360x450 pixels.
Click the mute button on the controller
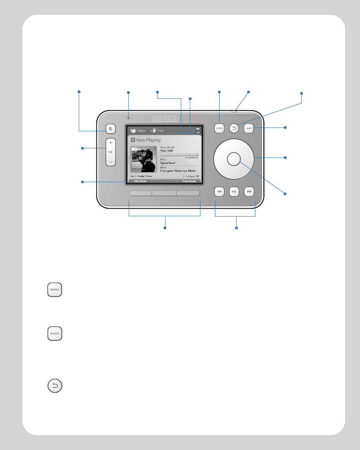pyautogui.click(x=110, y=129)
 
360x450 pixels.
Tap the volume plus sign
pyautogui.click(x=110, y=142)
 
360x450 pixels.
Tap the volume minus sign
pyautogui.click(x=110, y=162)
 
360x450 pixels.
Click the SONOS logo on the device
pyautogui.click(x=165, y=118)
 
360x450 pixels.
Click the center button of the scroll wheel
pyautogui.click(x=234, y=158)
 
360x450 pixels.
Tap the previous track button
pyautogui.click(x=220, y=192)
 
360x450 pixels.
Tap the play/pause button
pyautogui.click(x=234, y=192)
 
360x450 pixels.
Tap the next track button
pyautogui.click(x=249, y=192)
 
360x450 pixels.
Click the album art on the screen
pyautogui.click(x=144, y=159)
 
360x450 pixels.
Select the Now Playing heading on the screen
pyautogui.click(x=148, y=140)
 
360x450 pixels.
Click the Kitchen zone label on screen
pyautogui.click(x=141, y=130)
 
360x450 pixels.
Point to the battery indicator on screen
pyautogui.click(x=197, y=128)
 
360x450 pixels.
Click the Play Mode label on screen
pyautogui.click(x=140, y=182)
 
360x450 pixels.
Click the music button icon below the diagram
pyautogui.click(x=55, y=333)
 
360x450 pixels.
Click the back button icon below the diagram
pyautogui.click(x=55, y=386)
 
